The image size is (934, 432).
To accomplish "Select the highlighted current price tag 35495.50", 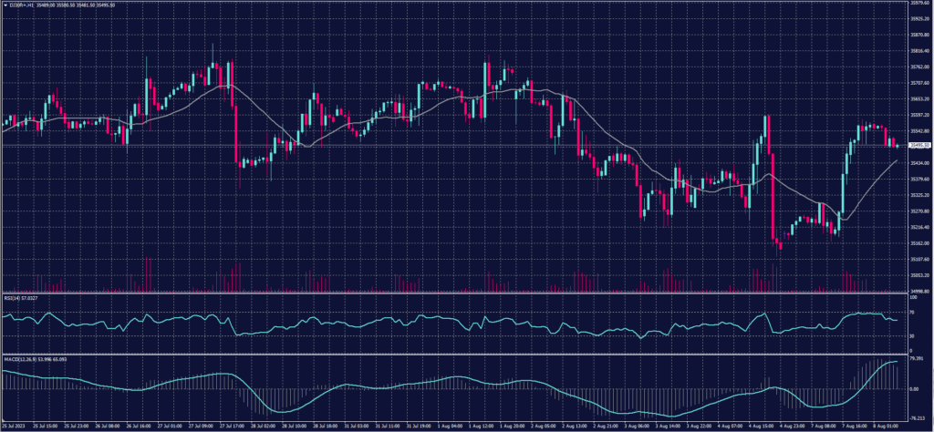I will pyautogui.click(x=915, y=146).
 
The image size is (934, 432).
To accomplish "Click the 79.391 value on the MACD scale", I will pyautogui.click(x=915, y=358).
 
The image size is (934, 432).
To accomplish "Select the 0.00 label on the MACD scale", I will pyautogui.click(x=913, y=388).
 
